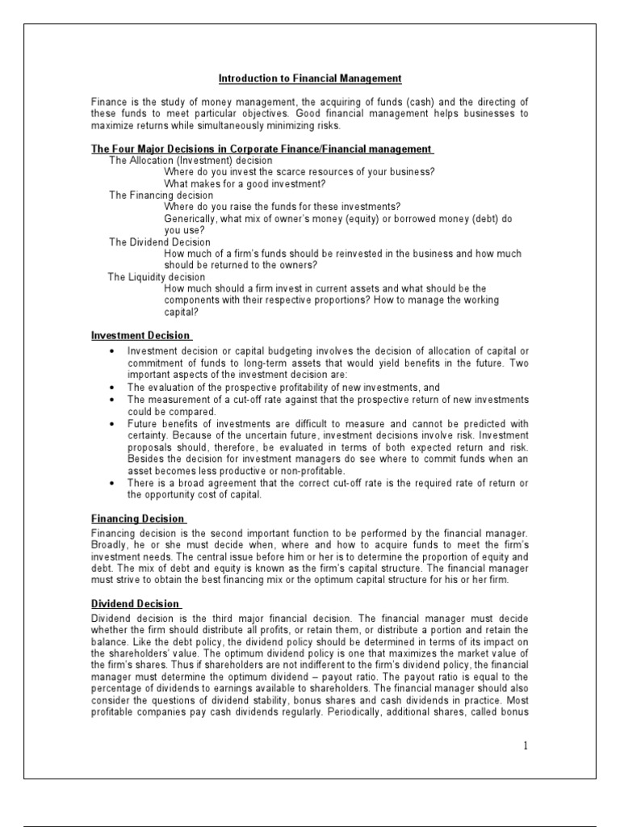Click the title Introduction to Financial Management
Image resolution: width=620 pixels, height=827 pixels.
[x=310, y=78]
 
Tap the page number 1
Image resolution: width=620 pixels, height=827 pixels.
[x=524, y=745]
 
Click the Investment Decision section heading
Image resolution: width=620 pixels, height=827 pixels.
[x=140, y=335]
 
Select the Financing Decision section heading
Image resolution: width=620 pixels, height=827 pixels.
[x=137, y=518]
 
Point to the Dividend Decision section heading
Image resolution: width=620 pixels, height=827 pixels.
[x=136, y=603]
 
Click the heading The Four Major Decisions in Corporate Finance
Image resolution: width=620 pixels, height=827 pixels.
[x=262, y=149]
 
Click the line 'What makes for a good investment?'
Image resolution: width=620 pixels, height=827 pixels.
[x=245, y=184]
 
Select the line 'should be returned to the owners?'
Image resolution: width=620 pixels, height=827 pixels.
[x=241, y=265]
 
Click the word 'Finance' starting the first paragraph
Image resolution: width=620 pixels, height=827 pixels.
[x=107, y=102]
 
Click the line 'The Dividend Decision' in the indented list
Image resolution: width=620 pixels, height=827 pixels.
[x=160, y=242]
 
